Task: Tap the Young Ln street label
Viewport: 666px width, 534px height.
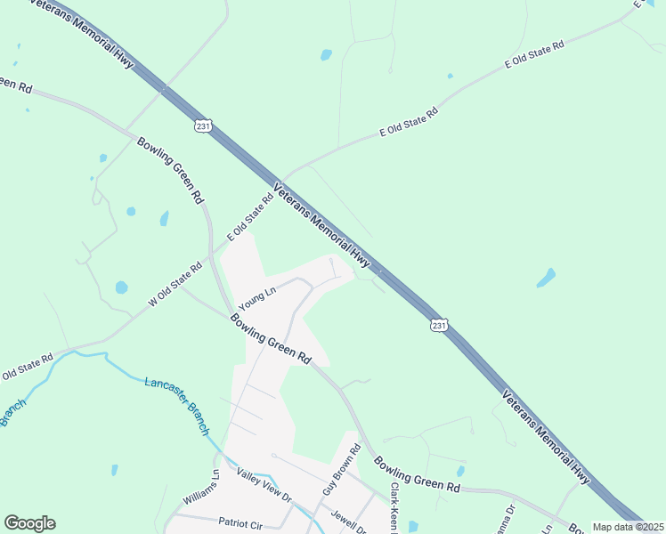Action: [258, 299]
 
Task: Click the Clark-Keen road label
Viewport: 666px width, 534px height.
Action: [393, 507]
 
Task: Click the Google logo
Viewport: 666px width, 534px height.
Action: [29, 523]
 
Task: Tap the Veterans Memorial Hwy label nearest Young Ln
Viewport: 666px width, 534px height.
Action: [322, 224]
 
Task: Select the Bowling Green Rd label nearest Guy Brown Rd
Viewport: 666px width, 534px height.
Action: [416, 476]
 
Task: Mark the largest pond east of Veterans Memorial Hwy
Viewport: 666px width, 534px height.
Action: [546, 278]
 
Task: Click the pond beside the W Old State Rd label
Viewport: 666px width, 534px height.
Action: [120, 287]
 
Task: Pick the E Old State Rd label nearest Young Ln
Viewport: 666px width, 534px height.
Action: [250, 217]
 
